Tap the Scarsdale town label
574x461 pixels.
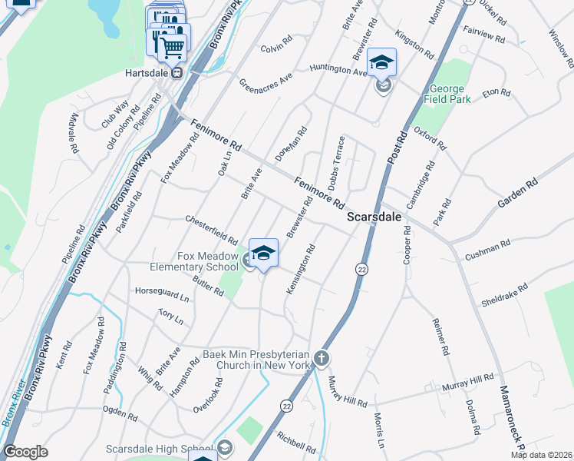pyautogui.click(x=374, y=217)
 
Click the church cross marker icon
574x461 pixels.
pyautogui.click(x=322, y=358)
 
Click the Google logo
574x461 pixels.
pyautogui.click(x=25, y=452)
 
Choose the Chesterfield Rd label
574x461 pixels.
pyautogui.click(x=212, y=230)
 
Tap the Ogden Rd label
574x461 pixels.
pyautogui.click(x=121, y=414)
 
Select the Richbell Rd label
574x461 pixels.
pyautogui.click(x=296, y=442)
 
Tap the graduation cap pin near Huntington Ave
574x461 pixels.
pyautogui.click(x=381, y=62)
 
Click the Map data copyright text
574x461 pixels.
pyautogui.click(x=543, y=455)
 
